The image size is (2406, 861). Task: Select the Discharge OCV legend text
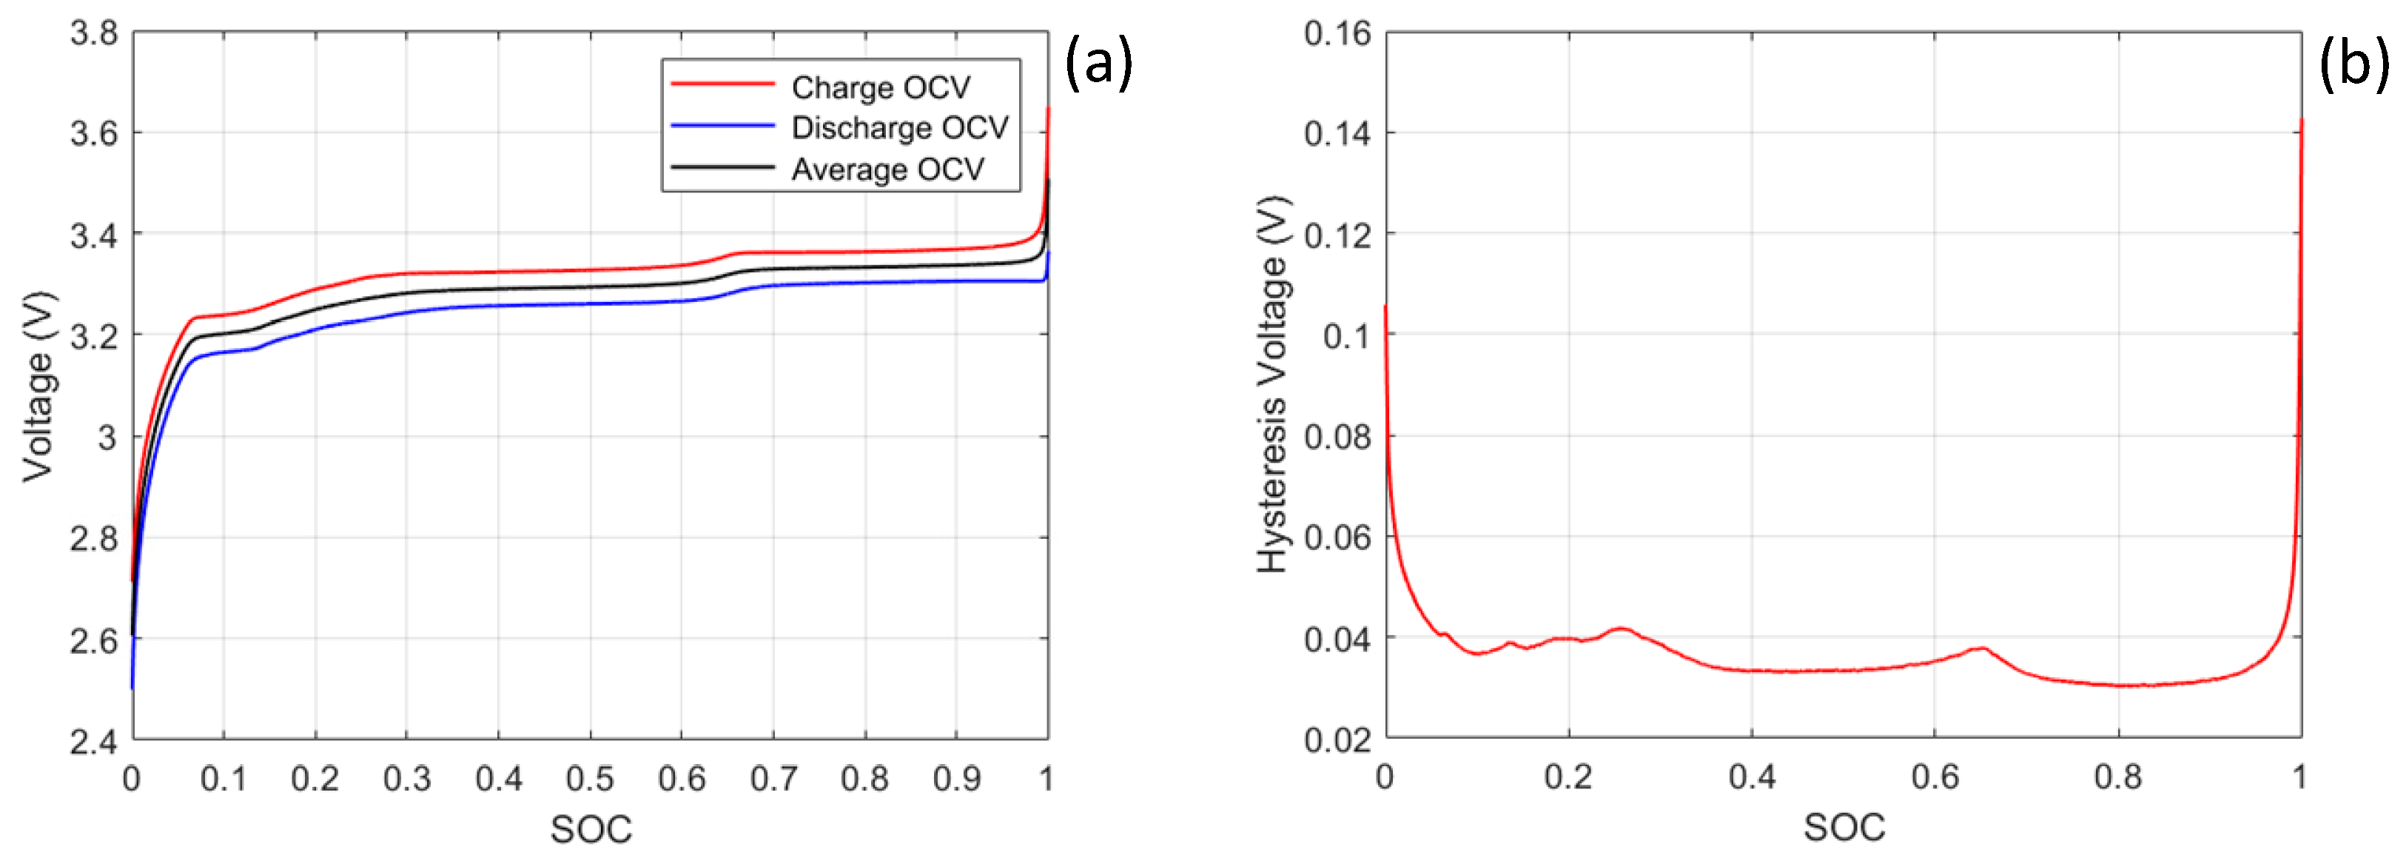click(x=899, y=127)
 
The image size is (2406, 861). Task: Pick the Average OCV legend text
click(x=887, y=169)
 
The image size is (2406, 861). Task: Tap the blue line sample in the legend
click(x=722, y=125)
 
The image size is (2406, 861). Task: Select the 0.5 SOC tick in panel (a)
click(x=589, y=779)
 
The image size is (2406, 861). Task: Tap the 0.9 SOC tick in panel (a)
click(x=956, y=779)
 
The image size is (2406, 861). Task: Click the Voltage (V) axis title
click(x=39, y=386)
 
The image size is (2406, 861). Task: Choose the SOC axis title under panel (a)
click(x=591, y=828)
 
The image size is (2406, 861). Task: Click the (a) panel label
click(x=1098, y=64)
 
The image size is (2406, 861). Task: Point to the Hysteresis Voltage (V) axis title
click(x=1272, y=385)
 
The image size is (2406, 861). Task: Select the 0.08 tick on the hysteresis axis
click(x=1337, y=436)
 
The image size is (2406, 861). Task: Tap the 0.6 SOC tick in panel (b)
click(x=1935, y=777)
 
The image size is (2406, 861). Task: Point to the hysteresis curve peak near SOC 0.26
click(x=1622, y=629)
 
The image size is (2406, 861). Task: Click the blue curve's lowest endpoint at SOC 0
click(x=132, y=689)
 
